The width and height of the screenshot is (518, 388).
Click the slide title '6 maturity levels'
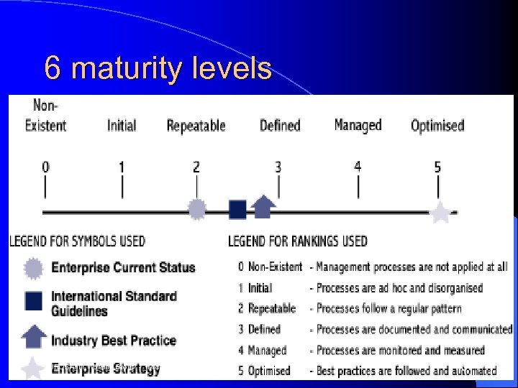coord(158,69)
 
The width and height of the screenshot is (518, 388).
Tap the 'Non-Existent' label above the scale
coord(45,117)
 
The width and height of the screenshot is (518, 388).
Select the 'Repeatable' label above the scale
coord(196,126)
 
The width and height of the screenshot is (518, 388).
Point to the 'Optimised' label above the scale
coord(437,126)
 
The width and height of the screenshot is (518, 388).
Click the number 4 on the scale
coord(358,167)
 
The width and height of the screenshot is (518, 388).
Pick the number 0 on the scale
coord(45,167)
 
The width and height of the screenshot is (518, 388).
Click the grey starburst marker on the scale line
coord(196,209)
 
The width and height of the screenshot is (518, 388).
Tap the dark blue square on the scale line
coord(237,209)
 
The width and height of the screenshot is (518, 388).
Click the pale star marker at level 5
coord(440,212)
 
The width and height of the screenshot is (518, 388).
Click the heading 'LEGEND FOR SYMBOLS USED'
coord(77,241)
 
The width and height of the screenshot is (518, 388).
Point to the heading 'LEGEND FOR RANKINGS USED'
coord(297,241)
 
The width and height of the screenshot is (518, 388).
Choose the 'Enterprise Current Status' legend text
coord(123,268)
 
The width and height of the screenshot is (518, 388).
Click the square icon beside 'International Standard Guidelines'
coord(33,300)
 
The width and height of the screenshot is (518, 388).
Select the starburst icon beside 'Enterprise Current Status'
coord(33,268)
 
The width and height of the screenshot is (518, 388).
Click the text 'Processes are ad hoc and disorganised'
coord(399,288)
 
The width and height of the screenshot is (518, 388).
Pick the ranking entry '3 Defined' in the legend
coord(259,329)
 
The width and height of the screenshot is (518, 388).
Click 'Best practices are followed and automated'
coord(406,371)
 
